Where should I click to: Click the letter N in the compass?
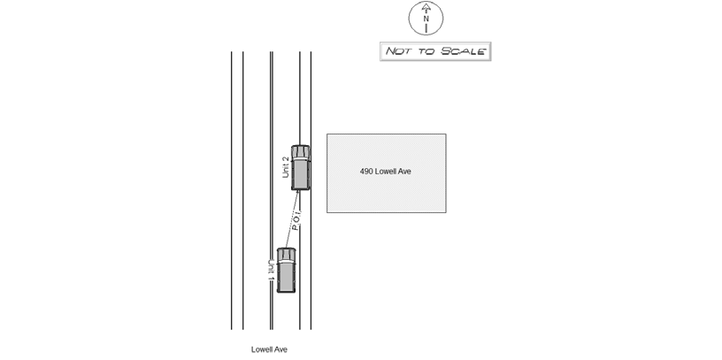426,19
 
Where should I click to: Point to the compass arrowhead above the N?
426,7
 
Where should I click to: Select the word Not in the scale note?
398,51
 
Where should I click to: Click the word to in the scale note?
426,51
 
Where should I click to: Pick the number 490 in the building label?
366,172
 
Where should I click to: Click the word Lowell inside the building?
387,172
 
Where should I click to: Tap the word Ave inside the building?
405,172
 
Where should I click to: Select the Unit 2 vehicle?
300,167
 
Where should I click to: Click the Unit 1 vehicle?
287,271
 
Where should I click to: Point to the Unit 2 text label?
286,167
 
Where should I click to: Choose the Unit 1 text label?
272,271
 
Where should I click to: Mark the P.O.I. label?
296,220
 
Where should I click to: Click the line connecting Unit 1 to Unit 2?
292,219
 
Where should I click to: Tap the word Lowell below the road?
262,349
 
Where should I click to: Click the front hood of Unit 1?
287,255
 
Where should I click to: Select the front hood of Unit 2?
300,152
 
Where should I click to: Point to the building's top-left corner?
326,134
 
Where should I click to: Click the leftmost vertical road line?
231,190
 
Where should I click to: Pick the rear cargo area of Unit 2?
300,174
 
